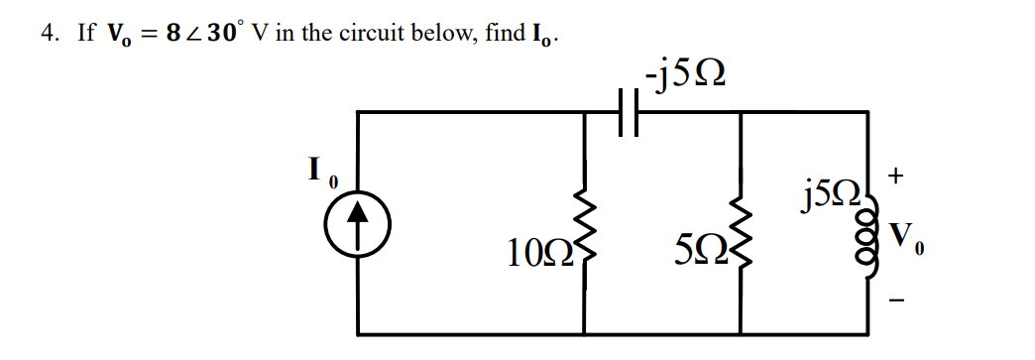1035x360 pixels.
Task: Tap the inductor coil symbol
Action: pos(873,243)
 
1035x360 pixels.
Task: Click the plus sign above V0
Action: pos(895,178)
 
